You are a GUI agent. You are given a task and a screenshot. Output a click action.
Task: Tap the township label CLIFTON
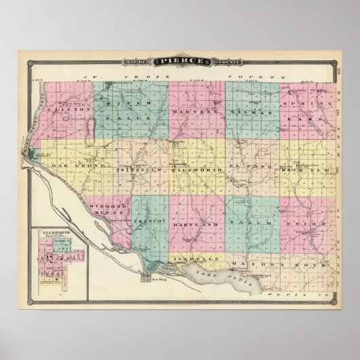coord(65,108)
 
